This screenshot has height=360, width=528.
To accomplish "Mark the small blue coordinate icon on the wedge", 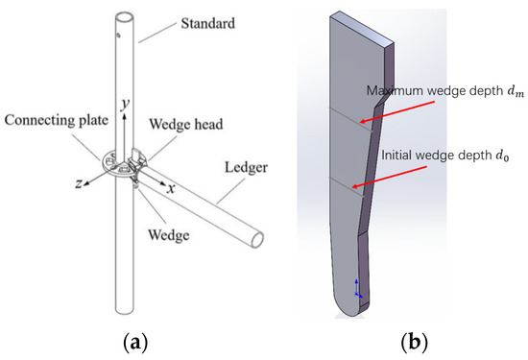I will (x=358, y=288).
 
